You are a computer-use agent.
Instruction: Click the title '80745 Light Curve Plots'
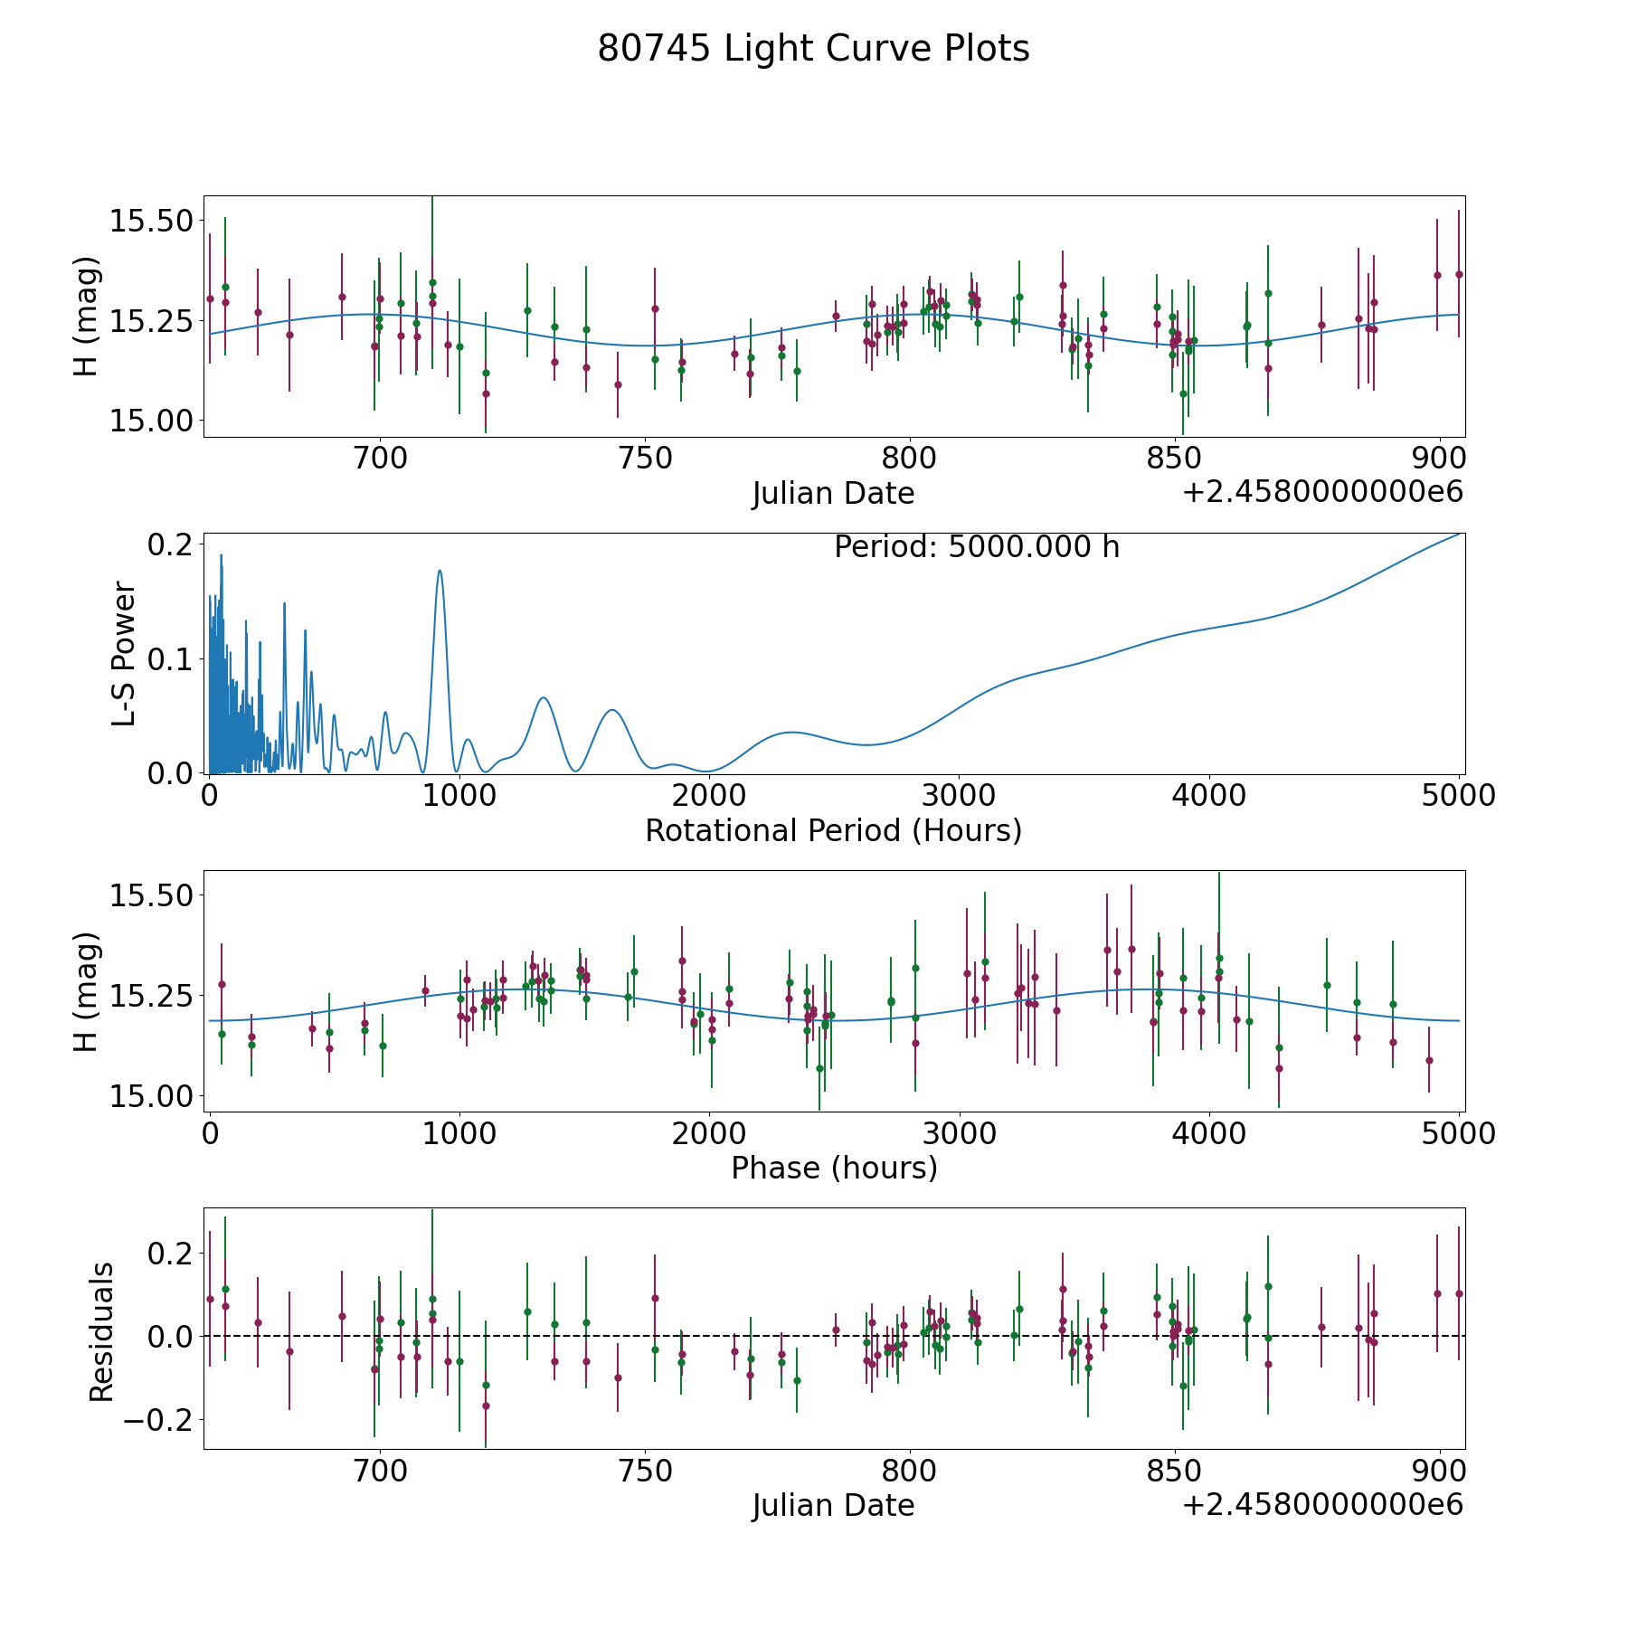(x=813, y=49)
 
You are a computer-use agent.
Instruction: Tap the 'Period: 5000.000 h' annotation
(x=977, y=547)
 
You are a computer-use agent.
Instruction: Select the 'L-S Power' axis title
(x=124, y=654)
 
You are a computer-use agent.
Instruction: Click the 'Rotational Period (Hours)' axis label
(x=833, y=830)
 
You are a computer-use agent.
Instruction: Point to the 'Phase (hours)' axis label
(x=834, y=1168)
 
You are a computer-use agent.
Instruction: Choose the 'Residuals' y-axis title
(x=101, y=1331)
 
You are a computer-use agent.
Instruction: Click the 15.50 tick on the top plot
(x=151, y=221)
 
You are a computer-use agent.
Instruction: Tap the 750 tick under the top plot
(x=645, y=459)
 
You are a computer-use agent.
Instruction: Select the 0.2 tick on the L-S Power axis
(x=172, y=544)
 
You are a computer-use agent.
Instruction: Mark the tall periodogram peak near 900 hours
(x=440, y=572)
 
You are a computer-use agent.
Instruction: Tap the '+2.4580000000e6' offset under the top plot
(x=1322, y=493)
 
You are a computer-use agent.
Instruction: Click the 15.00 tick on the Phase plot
(x=151, y=1096)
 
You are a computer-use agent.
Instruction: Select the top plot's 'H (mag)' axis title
(x=86, y=316)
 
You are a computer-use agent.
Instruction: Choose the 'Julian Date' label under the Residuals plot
(x=833, y=1505)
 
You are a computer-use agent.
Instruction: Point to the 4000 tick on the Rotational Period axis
(x=1208, y=796)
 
